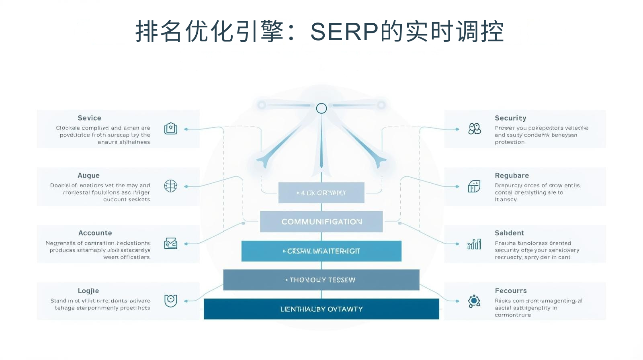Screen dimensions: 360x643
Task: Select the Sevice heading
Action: (x=89, y=118)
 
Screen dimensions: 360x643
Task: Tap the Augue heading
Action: (x=88, y=176)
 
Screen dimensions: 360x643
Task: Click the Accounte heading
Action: (x=95, y=233)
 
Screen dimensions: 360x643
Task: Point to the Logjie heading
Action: (x=88, y=291)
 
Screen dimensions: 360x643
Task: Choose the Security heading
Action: (x=510, y=118)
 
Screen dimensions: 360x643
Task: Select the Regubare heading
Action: (x=512, y=176)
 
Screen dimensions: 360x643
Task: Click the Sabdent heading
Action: (x=509, y=233)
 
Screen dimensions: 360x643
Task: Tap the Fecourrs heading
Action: (x=510, y=291)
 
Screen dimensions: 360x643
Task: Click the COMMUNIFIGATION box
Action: (x=321, y=222)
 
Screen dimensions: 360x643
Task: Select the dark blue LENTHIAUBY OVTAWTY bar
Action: (x=321, y=309)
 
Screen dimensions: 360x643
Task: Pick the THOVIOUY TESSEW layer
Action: (x=321, y=280)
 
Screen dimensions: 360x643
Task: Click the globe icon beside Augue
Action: (x=170, y=186)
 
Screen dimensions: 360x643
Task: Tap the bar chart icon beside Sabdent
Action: (x=474, y=244)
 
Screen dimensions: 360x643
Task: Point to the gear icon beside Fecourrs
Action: (x=474, y=301)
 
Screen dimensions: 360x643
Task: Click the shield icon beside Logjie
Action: (x=170, y=301)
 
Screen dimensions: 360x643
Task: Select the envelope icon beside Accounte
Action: (x=170, y=243)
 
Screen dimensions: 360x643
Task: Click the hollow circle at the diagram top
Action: (x=321, y=108)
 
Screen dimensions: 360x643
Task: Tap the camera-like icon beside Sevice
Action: (x=170, y=129)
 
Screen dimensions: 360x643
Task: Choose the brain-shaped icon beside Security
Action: (x=474, y=129)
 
